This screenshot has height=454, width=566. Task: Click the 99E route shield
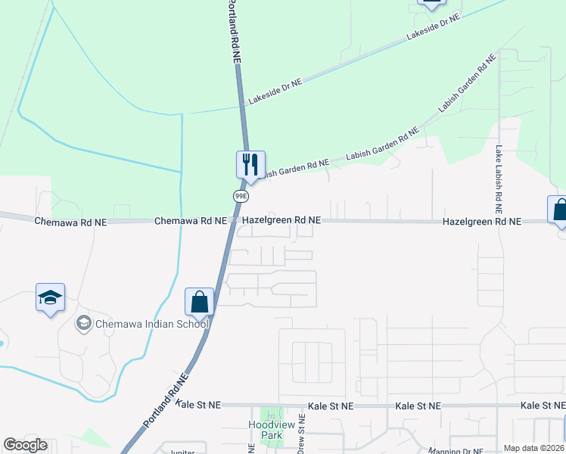pos(240,196)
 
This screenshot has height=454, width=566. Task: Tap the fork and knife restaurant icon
pos(249,164)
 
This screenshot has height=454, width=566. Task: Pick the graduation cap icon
pos(50,297)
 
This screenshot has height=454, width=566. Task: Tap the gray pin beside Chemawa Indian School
pos(83,324)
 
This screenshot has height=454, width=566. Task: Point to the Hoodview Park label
pos(271,430)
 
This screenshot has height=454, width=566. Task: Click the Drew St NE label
pos(302,432)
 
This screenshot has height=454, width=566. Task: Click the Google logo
pos(25,445)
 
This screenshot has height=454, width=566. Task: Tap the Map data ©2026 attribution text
pos(534,448)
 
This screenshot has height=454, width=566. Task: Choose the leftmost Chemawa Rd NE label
pos(71,222)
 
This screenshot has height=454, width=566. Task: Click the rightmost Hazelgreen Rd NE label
pos(482,222)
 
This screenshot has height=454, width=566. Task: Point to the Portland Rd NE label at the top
pos(234,30)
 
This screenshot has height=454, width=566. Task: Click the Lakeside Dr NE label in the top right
pos(434,27)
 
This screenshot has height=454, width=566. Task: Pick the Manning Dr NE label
pos(456,451)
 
